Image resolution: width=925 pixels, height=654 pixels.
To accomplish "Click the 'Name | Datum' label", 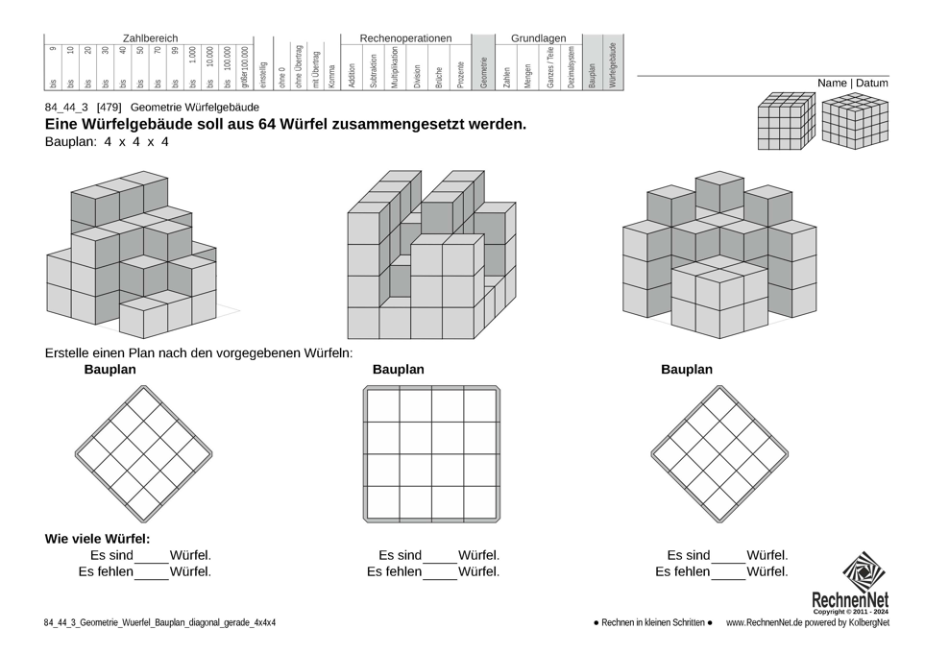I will click(852, 84).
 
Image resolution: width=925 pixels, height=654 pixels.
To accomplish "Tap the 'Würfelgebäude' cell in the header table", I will click(613, 64).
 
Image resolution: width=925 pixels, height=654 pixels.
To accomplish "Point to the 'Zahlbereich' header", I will click(150, 38).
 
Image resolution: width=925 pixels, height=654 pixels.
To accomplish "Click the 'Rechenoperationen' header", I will click(405, 38).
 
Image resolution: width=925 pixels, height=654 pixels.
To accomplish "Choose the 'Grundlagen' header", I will click(538, 38).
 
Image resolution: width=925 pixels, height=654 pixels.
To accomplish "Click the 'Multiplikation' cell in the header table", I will click(395, 67).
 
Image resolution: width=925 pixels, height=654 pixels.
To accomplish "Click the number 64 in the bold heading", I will click(269, 124).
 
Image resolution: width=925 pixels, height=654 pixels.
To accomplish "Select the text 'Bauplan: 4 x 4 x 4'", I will click(107, 142).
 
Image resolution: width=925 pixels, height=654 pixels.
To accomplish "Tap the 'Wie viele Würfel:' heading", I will click(97, 539).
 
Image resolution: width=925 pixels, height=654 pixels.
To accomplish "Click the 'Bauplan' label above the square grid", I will click(398, 370).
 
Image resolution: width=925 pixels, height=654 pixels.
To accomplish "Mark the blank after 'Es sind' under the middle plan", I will click(440, 557).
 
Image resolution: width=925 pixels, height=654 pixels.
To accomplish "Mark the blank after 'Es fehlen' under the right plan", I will click(729, 573).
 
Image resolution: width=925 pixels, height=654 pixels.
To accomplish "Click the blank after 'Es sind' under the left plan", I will click(152, 557).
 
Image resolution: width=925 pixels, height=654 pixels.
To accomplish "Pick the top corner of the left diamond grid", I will click(144, 388).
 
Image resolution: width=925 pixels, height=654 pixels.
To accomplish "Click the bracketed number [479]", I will click(109, 108).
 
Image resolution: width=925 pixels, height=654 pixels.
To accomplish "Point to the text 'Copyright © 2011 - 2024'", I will click(850, 612).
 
